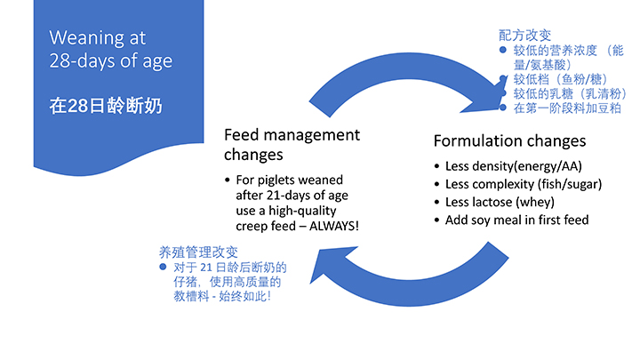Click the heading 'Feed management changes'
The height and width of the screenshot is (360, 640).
point(292,144)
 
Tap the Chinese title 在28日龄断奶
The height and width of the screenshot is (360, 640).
point(105,106)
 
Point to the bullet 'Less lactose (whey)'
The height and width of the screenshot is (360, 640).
point(502,202)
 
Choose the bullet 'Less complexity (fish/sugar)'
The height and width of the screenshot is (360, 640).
point(524,184)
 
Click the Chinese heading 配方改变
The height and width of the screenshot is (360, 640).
point(524,36)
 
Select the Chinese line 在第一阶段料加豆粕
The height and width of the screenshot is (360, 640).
point(567,108)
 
